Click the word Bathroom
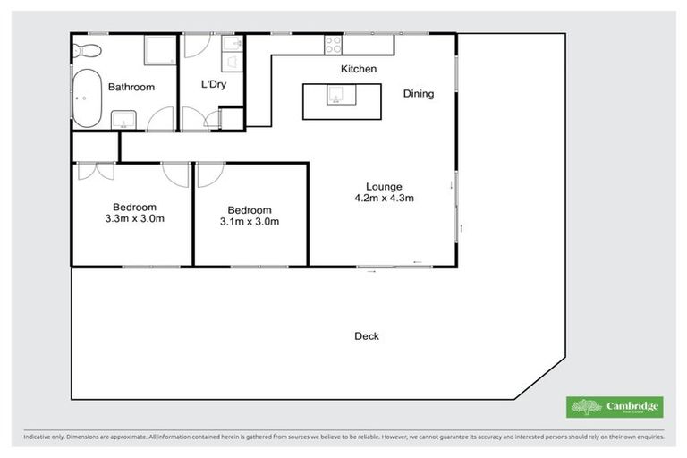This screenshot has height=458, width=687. point(131,88)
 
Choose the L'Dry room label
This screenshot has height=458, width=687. point(213,85)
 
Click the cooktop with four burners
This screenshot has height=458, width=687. point(333,41)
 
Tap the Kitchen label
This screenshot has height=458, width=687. point(358,69)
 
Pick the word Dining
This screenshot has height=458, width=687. point(418,93)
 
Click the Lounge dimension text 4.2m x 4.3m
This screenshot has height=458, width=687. point(384,199)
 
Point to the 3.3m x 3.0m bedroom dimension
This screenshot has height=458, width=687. point(134,218)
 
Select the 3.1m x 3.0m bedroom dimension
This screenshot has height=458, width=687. point(250,221)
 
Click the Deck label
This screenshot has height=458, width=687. point(367,336)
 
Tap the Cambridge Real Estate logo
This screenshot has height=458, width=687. point(614,407)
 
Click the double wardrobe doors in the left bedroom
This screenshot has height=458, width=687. point(96,170)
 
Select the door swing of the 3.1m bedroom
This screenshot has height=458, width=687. point(206,174)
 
